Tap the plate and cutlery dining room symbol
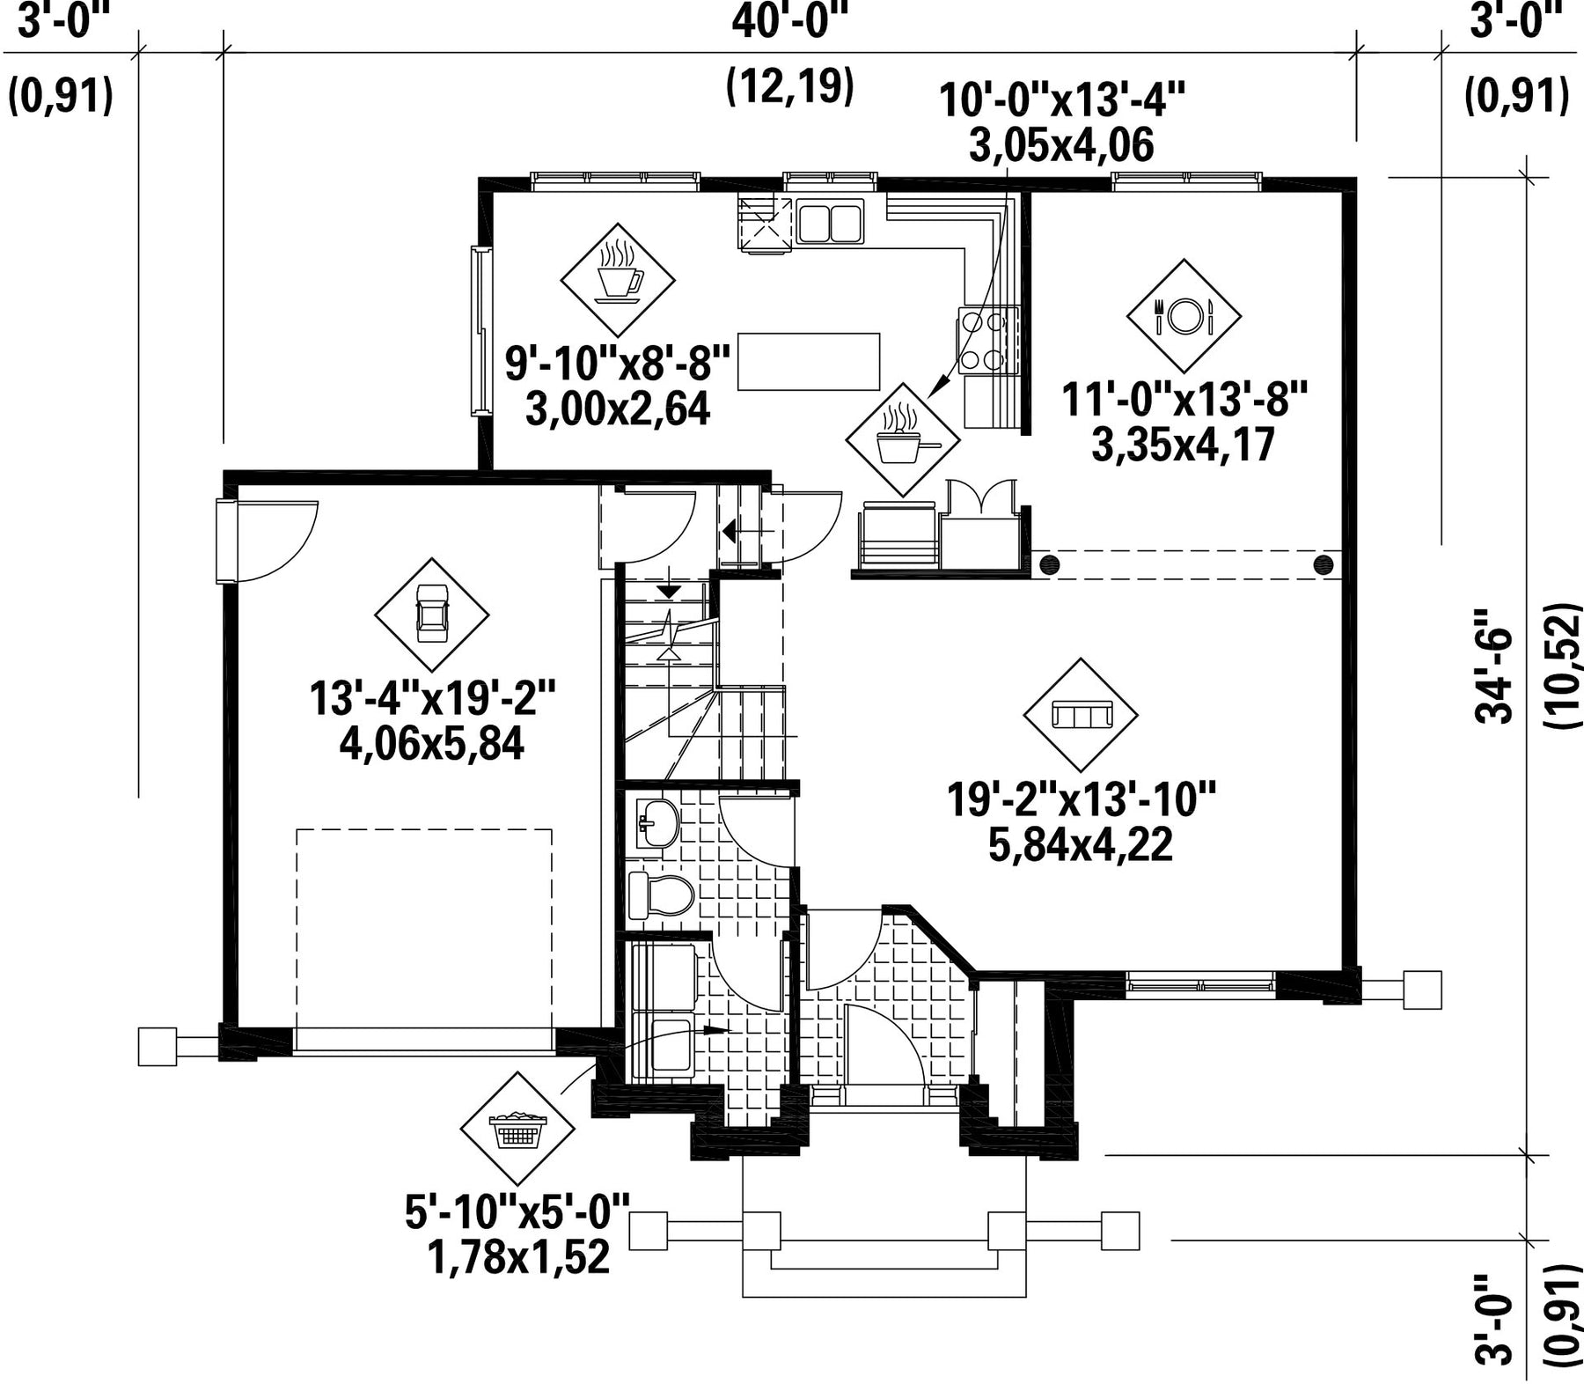(1184, 315)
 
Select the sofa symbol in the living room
(1081, 714)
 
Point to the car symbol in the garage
(431, 615)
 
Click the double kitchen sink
(830, 221)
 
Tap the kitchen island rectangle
(809, 361)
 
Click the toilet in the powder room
(661, 894)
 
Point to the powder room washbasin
(656, 824)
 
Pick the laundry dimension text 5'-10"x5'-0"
(518, 1213)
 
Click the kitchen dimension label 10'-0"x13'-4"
(1063, 100)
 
